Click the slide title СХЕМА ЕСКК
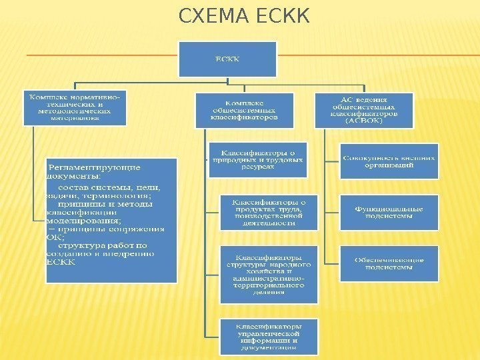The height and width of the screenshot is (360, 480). click(245, 15)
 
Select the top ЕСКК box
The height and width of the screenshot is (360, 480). click(227, 59)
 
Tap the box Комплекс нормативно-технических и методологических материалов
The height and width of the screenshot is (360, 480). click(74, 107)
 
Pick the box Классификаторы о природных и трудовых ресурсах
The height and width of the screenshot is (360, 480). click(257, 160)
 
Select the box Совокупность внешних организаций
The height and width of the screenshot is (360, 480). click(389, 161)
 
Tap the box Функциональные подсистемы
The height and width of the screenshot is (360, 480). click(389, 212)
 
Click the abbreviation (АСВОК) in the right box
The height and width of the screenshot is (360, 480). click(365, 122)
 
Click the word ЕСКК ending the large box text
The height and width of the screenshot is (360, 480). click(62, 262)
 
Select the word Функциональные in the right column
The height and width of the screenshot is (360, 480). click(389, 207)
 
